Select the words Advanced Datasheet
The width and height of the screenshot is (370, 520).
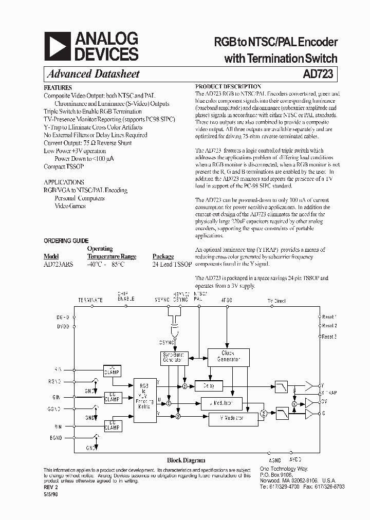tap(93, 74)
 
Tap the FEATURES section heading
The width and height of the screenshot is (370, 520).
tap(58, 88)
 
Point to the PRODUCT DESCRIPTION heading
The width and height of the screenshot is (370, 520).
tap(228, 87)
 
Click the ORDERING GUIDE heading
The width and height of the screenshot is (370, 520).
tap(66, 240)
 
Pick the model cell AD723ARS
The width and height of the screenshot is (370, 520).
tap(58, 264)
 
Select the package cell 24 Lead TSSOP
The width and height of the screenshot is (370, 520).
tap(172, 264)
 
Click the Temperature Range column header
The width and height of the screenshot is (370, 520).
tap(112, 256)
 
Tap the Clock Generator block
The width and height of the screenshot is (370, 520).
tap(228, 356)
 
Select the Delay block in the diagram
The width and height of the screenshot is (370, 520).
tap(208, 386)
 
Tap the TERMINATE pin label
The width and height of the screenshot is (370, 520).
tap(90, 300)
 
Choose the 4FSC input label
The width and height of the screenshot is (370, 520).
tap(227, 300)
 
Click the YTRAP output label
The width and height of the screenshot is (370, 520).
tap(329, 393)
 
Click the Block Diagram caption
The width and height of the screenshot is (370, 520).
tap(186, 460)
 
